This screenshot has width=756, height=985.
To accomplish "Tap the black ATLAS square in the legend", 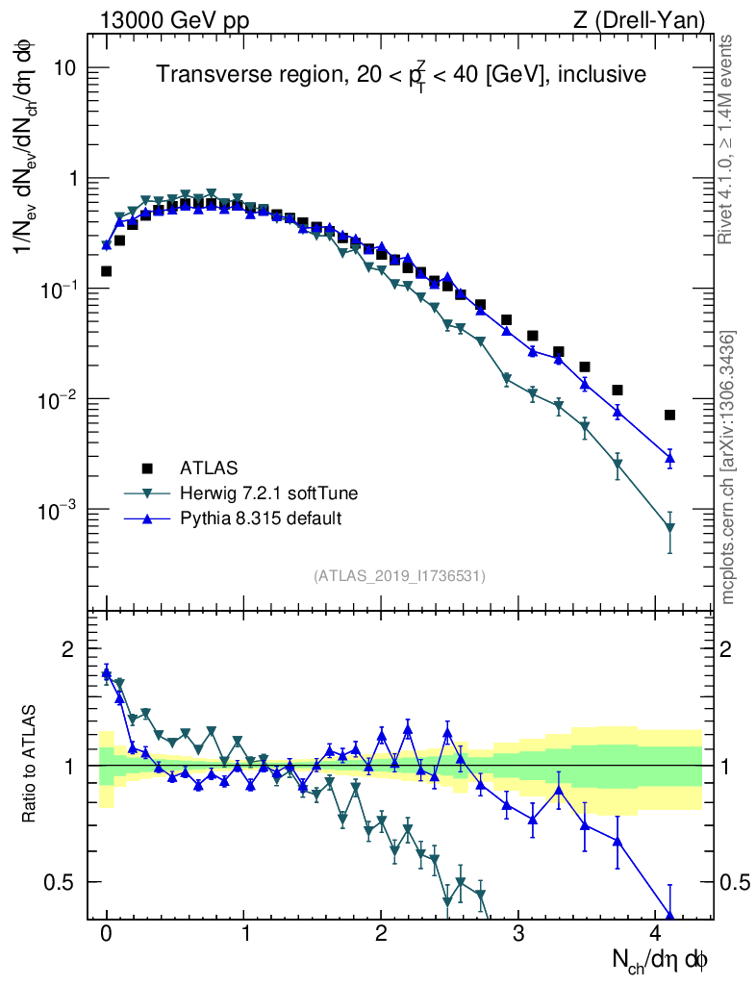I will point(147,468).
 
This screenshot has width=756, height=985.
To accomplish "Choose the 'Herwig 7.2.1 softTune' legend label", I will point(269,493).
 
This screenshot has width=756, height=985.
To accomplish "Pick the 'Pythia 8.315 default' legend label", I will point(261,518).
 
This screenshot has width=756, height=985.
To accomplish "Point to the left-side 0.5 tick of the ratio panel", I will point(62,882).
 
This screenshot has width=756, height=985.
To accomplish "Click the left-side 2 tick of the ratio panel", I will point(68,649).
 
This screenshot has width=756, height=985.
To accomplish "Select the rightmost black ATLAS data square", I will point(669,415).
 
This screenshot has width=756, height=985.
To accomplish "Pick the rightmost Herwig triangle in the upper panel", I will point(669,527).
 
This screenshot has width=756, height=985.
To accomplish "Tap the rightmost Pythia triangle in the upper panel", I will point(669,457).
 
